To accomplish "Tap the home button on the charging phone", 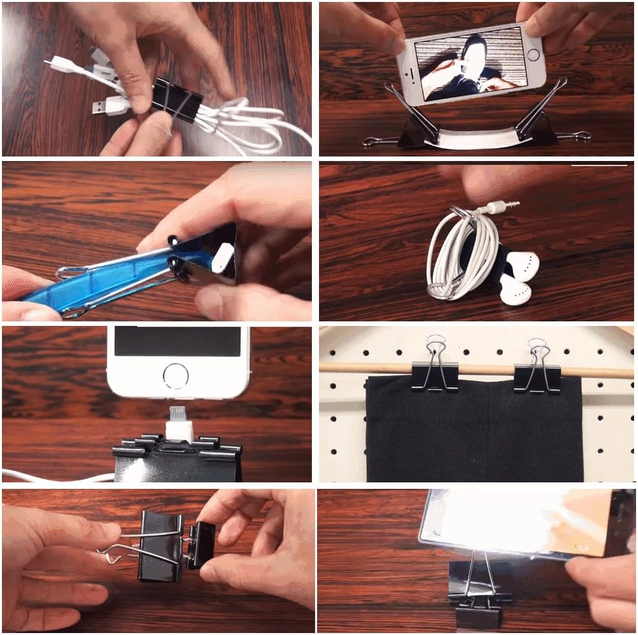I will (x=177, y=375).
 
